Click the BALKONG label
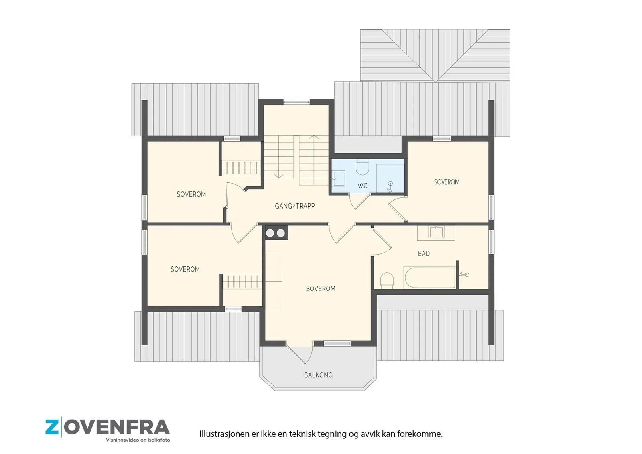point(318,375)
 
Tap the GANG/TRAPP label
point(295,206)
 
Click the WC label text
point(362,186)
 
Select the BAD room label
point(423,253)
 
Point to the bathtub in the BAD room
point(429,277)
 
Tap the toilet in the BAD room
point(387,280)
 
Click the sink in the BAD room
point(436,232)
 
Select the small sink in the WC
point(339,178)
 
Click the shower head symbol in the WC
point(390,186)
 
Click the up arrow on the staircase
point(314,138)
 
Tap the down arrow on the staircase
point(278,176)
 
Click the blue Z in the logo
point(52,427)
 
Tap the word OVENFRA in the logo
point(117,427)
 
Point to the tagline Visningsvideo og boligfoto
point(138,440)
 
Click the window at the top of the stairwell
point(297,101)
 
